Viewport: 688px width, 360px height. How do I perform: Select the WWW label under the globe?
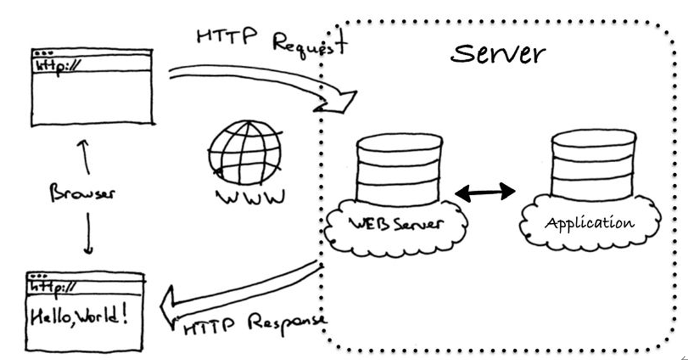coord(250,197)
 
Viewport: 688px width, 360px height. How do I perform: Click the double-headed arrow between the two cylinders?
coord(485,193)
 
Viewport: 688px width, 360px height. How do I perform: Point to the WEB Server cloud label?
coord(395,223)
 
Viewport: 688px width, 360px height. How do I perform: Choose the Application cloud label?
coord(589,223)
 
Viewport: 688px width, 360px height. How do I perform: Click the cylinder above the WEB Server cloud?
coord(399,167)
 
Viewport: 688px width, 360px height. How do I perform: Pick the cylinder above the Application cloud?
coord(592,163)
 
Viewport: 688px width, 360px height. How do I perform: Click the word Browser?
coord(82,193)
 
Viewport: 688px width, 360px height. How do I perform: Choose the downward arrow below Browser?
coord(88,234)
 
